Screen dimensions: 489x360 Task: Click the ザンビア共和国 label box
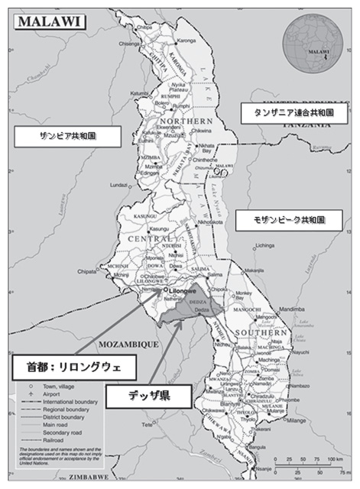point(69,136)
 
